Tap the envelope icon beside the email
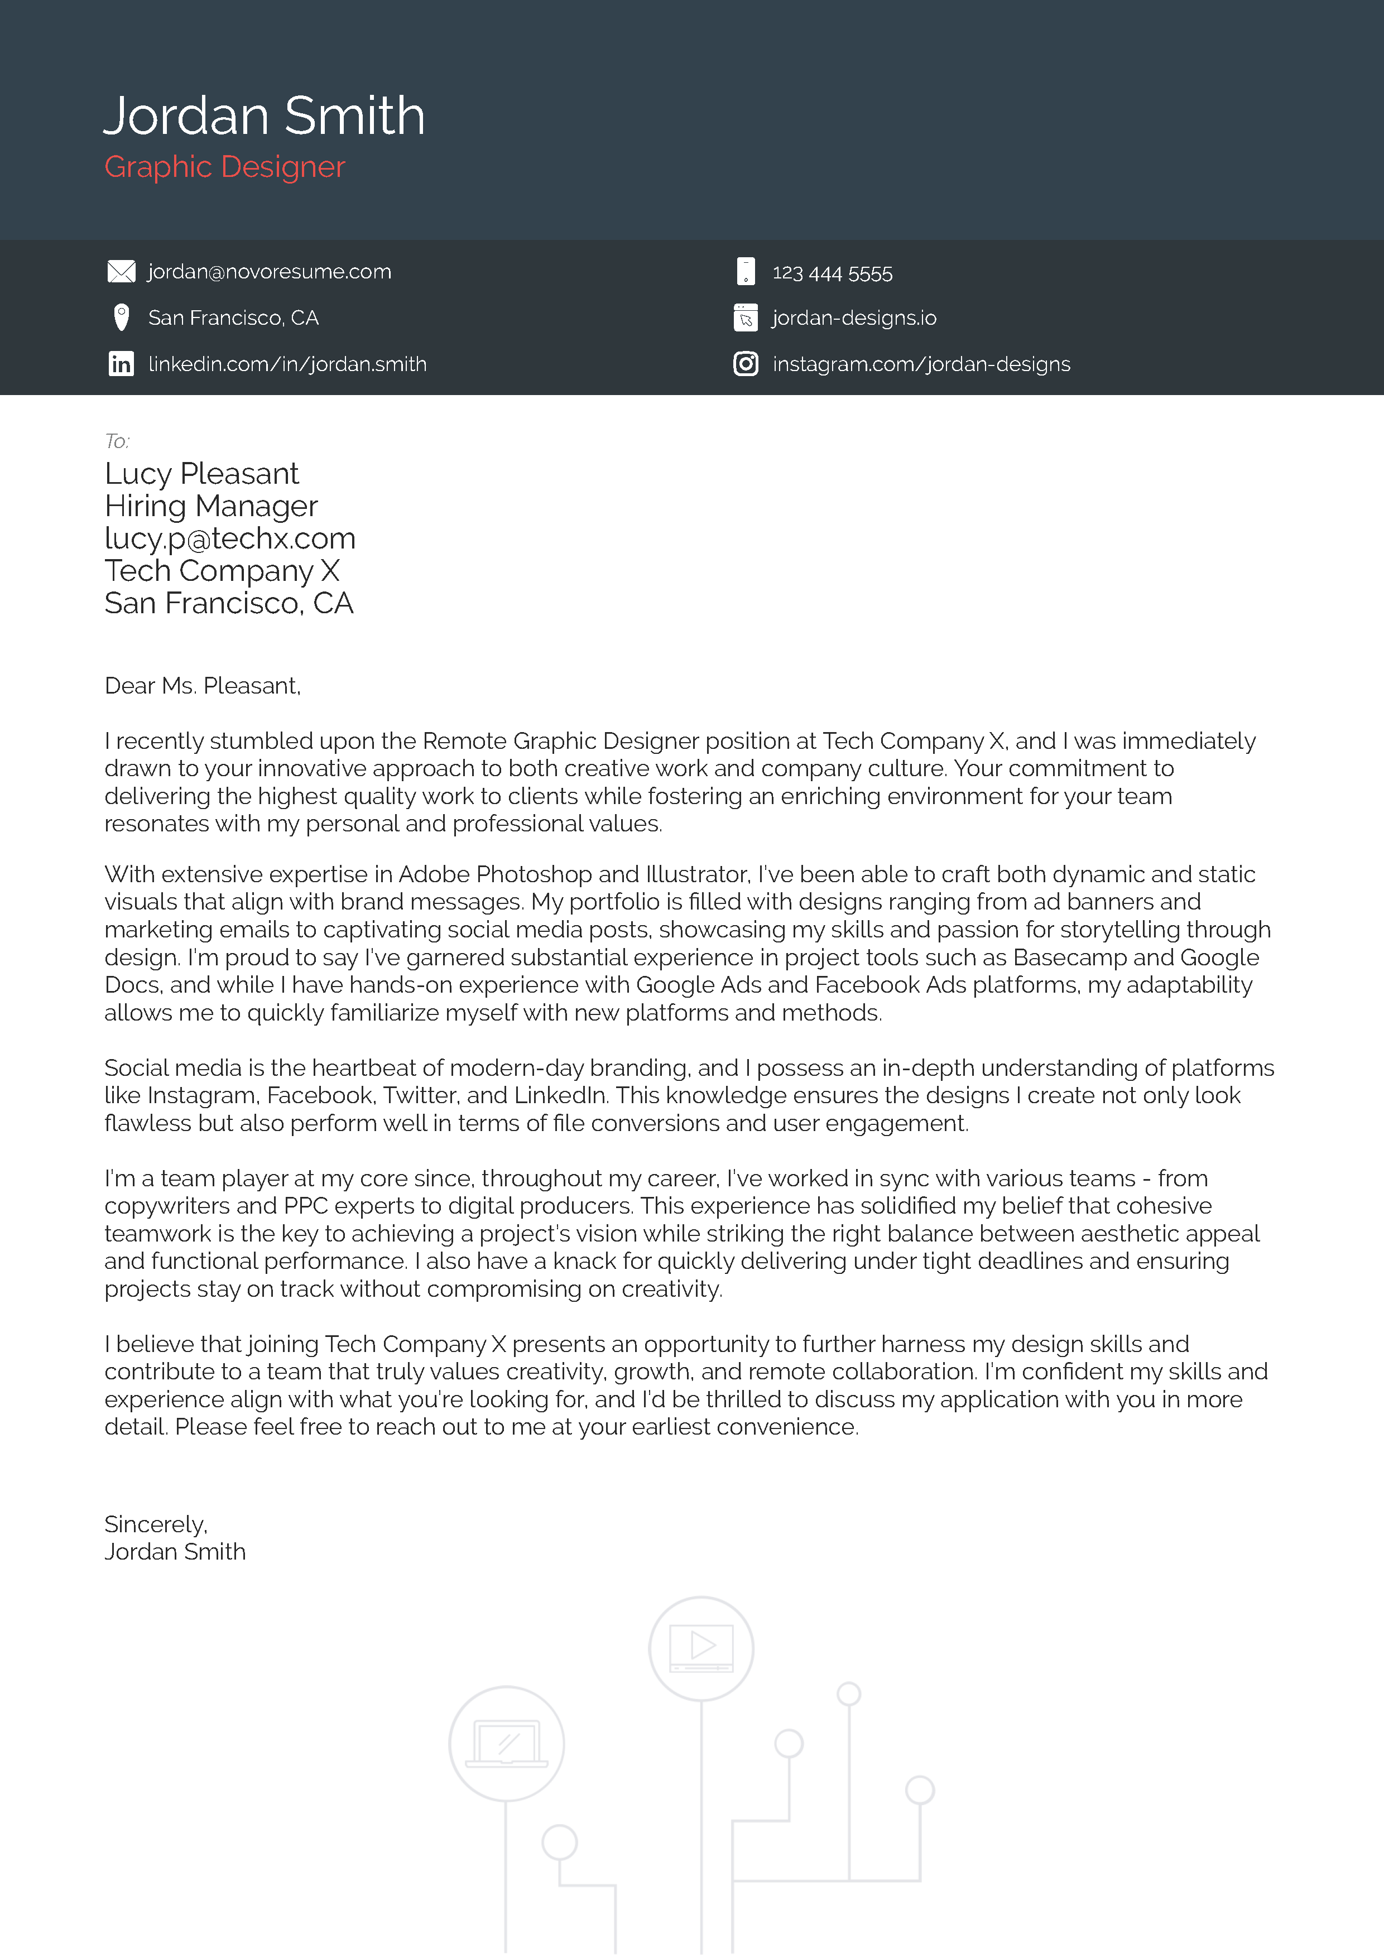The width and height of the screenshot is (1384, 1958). coord(121,271)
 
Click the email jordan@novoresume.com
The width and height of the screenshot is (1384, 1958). coord(270,271)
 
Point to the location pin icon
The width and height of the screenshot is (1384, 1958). coord(121,317)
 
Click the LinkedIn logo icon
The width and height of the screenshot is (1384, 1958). coord(121,364)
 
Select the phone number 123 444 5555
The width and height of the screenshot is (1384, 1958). coord(832,273)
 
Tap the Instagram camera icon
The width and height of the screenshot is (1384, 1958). coord(746,364)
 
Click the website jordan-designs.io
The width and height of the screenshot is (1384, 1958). coord(854,318)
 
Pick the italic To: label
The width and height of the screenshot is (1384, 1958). coord(117,441)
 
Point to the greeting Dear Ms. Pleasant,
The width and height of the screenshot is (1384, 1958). coord(202,686)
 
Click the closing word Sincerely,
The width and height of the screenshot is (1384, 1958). coord(155,1524)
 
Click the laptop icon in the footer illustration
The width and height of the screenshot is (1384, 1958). coord(507,1742)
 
